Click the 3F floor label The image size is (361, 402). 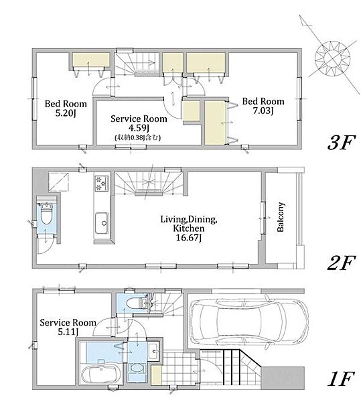341,143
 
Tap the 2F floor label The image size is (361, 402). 341,263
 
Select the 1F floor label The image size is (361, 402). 341,379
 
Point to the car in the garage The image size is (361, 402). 248,322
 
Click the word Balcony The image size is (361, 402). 281,217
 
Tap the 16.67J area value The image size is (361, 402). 189,238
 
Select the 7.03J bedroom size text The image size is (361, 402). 263,111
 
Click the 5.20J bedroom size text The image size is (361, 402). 66,113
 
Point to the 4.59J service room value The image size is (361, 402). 139,128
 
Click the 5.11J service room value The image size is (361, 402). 68,332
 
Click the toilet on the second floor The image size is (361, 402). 46,214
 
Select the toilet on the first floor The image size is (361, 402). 137,304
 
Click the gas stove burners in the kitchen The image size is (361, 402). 102,184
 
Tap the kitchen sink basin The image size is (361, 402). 102,224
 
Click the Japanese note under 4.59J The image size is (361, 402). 138,137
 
